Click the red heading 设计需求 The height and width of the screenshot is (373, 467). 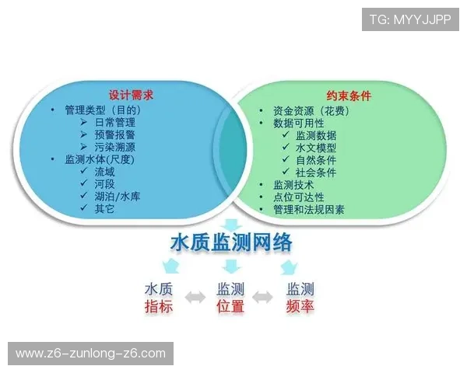pyautogui.click(x=130, y=95)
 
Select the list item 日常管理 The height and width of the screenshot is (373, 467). pyautogui.click(x=114, y=122)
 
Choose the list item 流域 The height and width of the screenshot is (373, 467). pyautogui.click(x=104, y=172)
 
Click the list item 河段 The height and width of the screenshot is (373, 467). pyautogui.click(x=104, y=184)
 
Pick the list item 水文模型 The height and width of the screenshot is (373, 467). pyautogui.click(x=316, y=148)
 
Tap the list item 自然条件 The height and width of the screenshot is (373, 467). pyautogui.click(x=316, y=160)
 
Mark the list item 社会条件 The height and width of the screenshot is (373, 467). pyautogui.click(x=316, y=173)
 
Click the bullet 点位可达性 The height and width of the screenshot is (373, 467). pyautogui.click(x=299, y=197)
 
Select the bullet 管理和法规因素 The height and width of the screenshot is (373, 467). pyautogui.click(x=309, y=210)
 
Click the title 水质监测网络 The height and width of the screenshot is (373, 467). pyautogui.click(x=232, y=242)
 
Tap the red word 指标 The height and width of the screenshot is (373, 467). pyautogui.click(x=159, y=307)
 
